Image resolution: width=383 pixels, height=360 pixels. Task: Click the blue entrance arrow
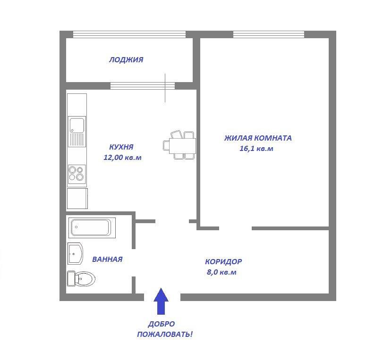tap(161, 301)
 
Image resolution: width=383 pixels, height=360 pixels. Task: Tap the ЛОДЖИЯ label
tap(126, 60)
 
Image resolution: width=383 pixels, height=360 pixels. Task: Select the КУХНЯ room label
tap(121, 147)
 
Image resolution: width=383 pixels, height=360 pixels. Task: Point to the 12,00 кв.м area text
tap(122, 158)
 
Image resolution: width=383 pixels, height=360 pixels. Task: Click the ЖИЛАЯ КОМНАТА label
tap(258, 138)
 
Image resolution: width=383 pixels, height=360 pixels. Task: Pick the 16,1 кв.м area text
tap(256, 149)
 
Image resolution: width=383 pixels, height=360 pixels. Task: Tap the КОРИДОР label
tap(223, 261)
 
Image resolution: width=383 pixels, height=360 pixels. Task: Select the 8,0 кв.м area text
tap(221, 272)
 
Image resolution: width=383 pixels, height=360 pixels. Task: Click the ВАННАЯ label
tap(107, 259)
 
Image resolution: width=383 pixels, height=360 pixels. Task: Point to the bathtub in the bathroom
tap(92, 227)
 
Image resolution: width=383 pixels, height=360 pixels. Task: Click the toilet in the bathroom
tap(81, 278)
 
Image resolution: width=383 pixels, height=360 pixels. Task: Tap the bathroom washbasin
tap(75, 253)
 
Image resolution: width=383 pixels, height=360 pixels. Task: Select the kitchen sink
tap(77, 132)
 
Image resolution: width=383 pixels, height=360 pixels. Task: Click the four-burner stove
tap(77, 173)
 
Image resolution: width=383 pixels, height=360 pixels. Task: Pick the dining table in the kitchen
tap(182, 146)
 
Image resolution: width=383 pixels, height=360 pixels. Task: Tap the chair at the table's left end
tap(166, 146)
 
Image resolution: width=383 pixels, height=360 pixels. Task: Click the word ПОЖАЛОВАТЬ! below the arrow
tap(165, 334)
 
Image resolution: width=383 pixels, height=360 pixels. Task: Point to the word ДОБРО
tap(162, 324)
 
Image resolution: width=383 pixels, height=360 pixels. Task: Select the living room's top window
tap(269, 34)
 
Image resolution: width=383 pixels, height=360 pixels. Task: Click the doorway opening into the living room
tap(236, 228)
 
